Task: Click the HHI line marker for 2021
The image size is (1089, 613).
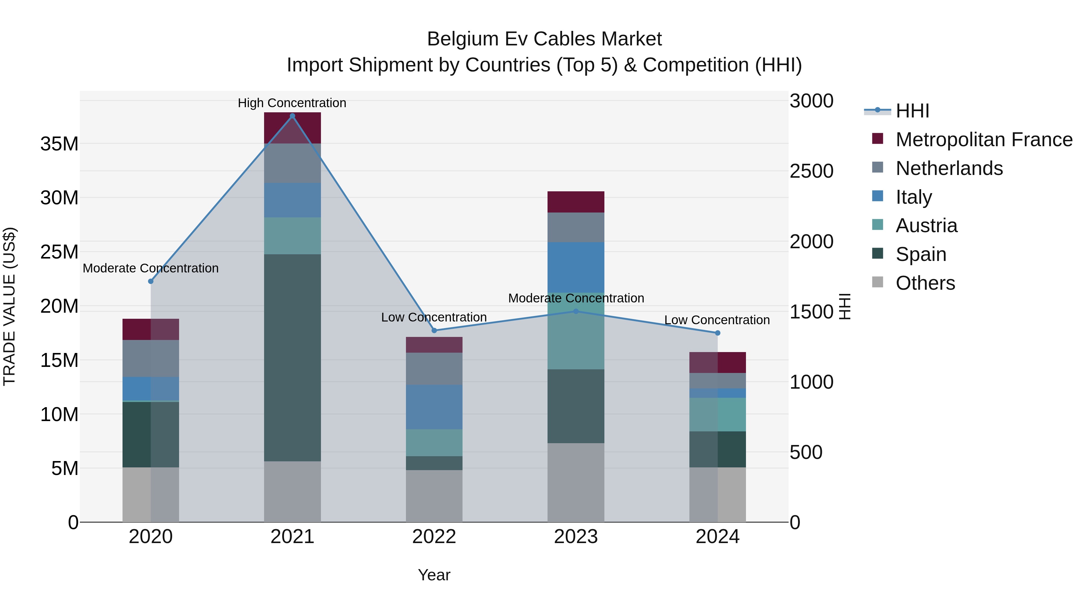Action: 292,116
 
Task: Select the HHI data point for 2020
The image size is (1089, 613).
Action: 151,281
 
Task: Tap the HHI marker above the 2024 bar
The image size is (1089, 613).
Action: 718,333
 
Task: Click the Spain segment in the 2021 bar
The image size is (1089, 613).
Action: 292,358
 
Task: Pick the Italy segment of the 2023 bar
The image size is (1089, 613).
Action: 576,267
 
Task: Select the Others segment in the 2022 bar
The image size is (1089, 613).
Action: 434,496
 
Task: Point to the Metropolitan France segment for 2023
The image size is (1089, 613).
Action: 576,202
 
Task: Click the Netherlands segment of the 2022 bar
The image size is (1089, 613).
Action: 434,368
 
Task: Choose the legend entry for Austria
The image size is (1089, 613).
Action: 926,226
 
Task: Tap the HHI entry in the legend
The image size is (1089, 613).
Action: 912,111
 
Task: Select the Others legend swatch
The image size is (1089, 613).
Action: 878,282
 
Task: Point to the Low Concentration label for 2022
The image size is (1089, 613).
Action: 434,317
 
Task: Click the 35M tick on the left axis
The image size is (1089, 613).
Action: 59,144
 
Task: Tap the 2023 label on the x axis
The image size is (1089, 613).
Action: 576,537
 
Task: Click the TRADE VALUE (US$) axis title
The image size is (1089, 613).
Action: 10,306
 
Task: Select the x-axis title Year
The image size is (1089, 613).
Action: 434,575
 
